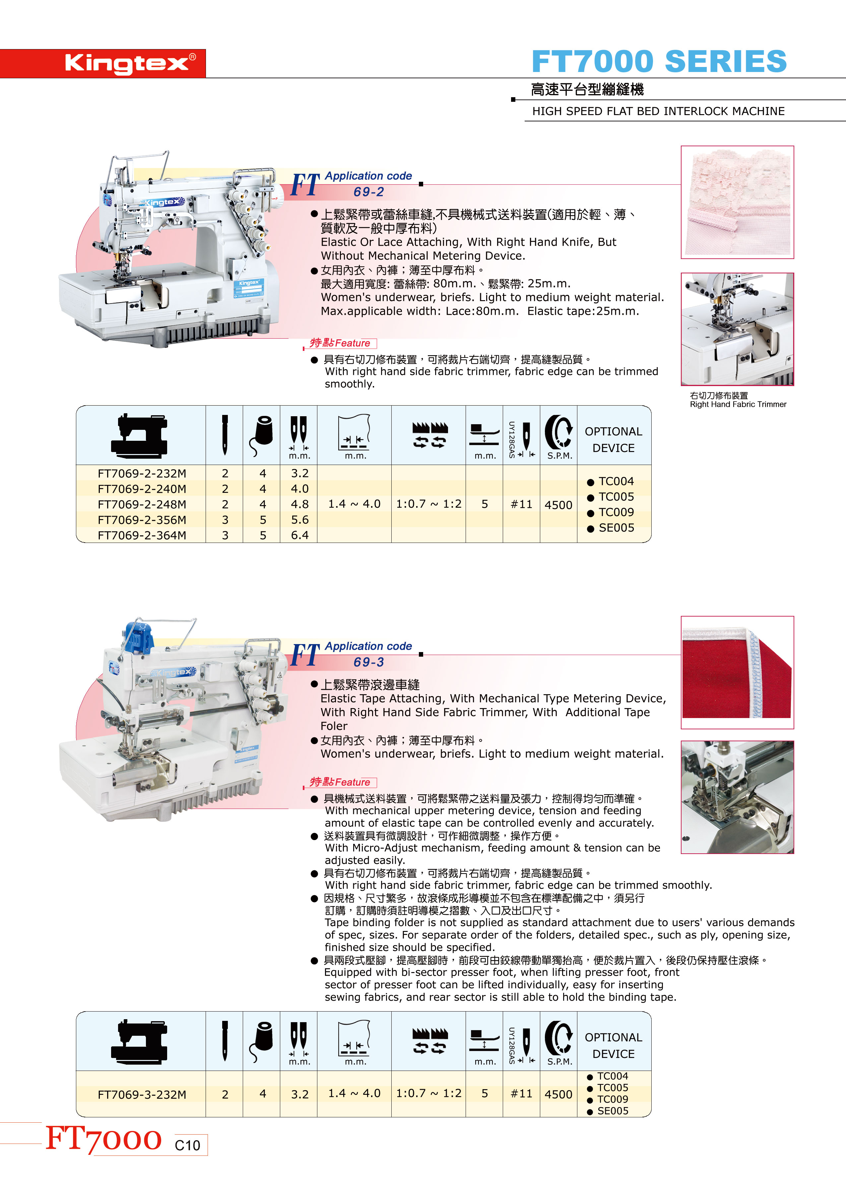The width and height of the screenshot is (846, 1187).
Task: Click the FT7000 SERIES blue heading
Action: (659, 61)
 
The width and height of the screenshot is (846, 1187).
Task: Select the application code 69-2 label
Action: (368, 192)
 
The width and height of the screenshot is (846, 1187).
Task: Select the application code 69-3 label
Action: (368, 662)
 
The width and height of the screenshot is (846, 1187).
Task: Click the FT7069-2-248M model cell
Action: (142, 504)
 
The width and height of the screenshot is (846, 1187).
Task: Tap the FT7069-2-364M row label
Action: (142, 535)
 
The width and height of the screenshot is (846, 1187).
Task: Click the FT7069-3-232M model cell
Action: (142, 1094)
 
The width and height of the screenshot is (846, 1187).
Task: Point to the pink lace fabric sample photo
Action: (737, 202)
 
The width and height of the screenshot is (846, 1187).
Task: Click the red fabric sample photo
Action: (737, 672)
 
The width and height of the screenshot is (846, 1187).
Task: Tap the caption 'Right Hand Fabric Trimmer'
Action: (738, 404)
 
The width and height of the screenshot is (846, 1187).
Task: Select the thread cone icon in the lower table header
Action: (262, 1040)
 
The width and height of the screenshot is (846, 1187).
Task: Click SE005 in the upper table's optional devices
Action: (616, 528)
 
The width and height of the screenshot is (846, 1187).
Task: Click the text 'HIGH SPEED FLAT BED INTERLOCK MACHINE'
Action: (659, 111)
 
